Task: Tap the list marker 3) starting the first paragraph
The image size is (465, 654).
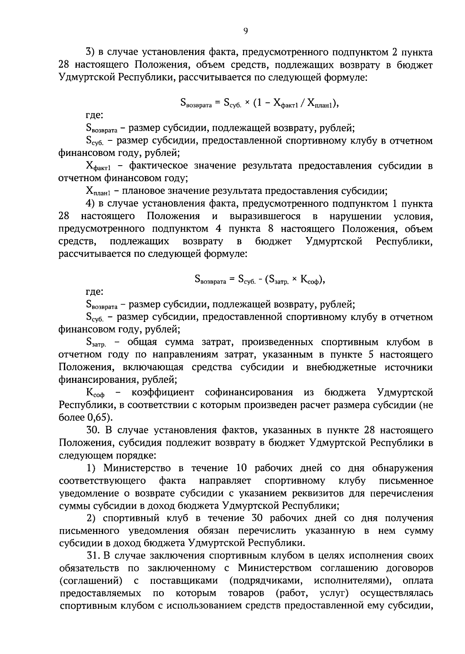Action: pos(90,52)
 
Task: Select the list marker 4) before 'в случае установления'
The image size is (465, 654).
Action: pos(90,204)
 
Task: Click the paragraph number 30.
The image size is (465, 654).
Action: pos(92,431)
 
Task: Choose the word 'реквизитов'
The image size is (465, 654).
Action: pos(316,494)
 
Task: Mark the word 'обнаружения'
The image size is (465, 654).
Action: pos(403,469)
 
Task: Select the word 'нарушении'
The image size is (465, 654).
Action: pos(355,216)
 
